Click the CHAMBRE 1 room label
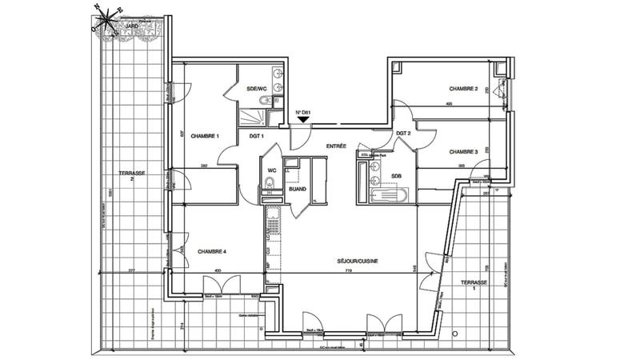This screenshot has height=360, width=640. tap(206, 137)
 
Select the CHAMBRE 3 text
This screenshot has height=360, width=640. tap(463, 151)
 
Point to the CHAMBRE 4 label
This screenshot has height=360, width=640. tap(213, 252)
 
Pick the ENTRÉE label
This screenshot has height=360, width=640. tap(335, 146)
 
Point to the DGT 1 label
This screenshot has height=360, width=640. tap(257, 137)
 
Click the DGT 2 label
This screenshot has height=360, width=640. tap(403, 134)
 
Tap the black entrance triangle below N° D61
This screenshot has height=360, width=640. tap(303, 121)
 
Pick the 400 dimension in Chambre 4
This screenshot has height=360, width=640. tap(217, 270)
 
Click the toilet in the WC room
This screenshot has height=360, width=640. tap(270, 186)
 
